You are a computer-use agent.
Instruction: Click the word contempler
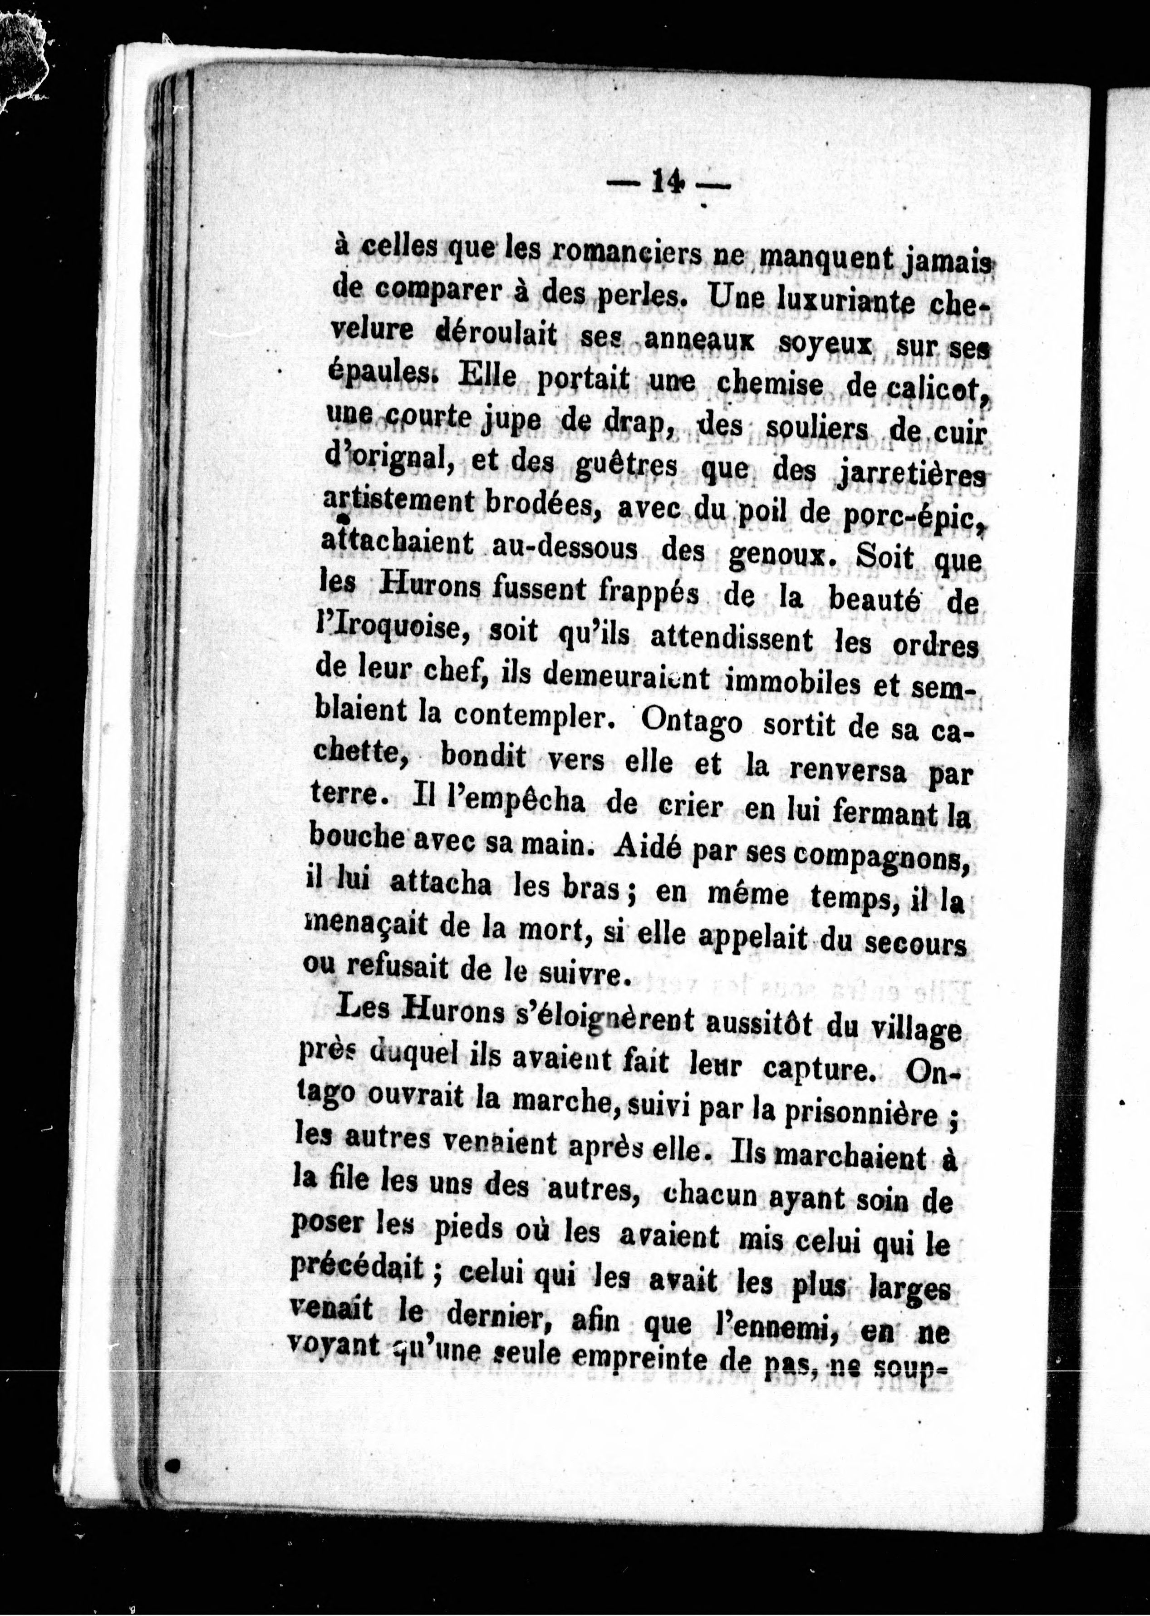coord(531,716)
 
